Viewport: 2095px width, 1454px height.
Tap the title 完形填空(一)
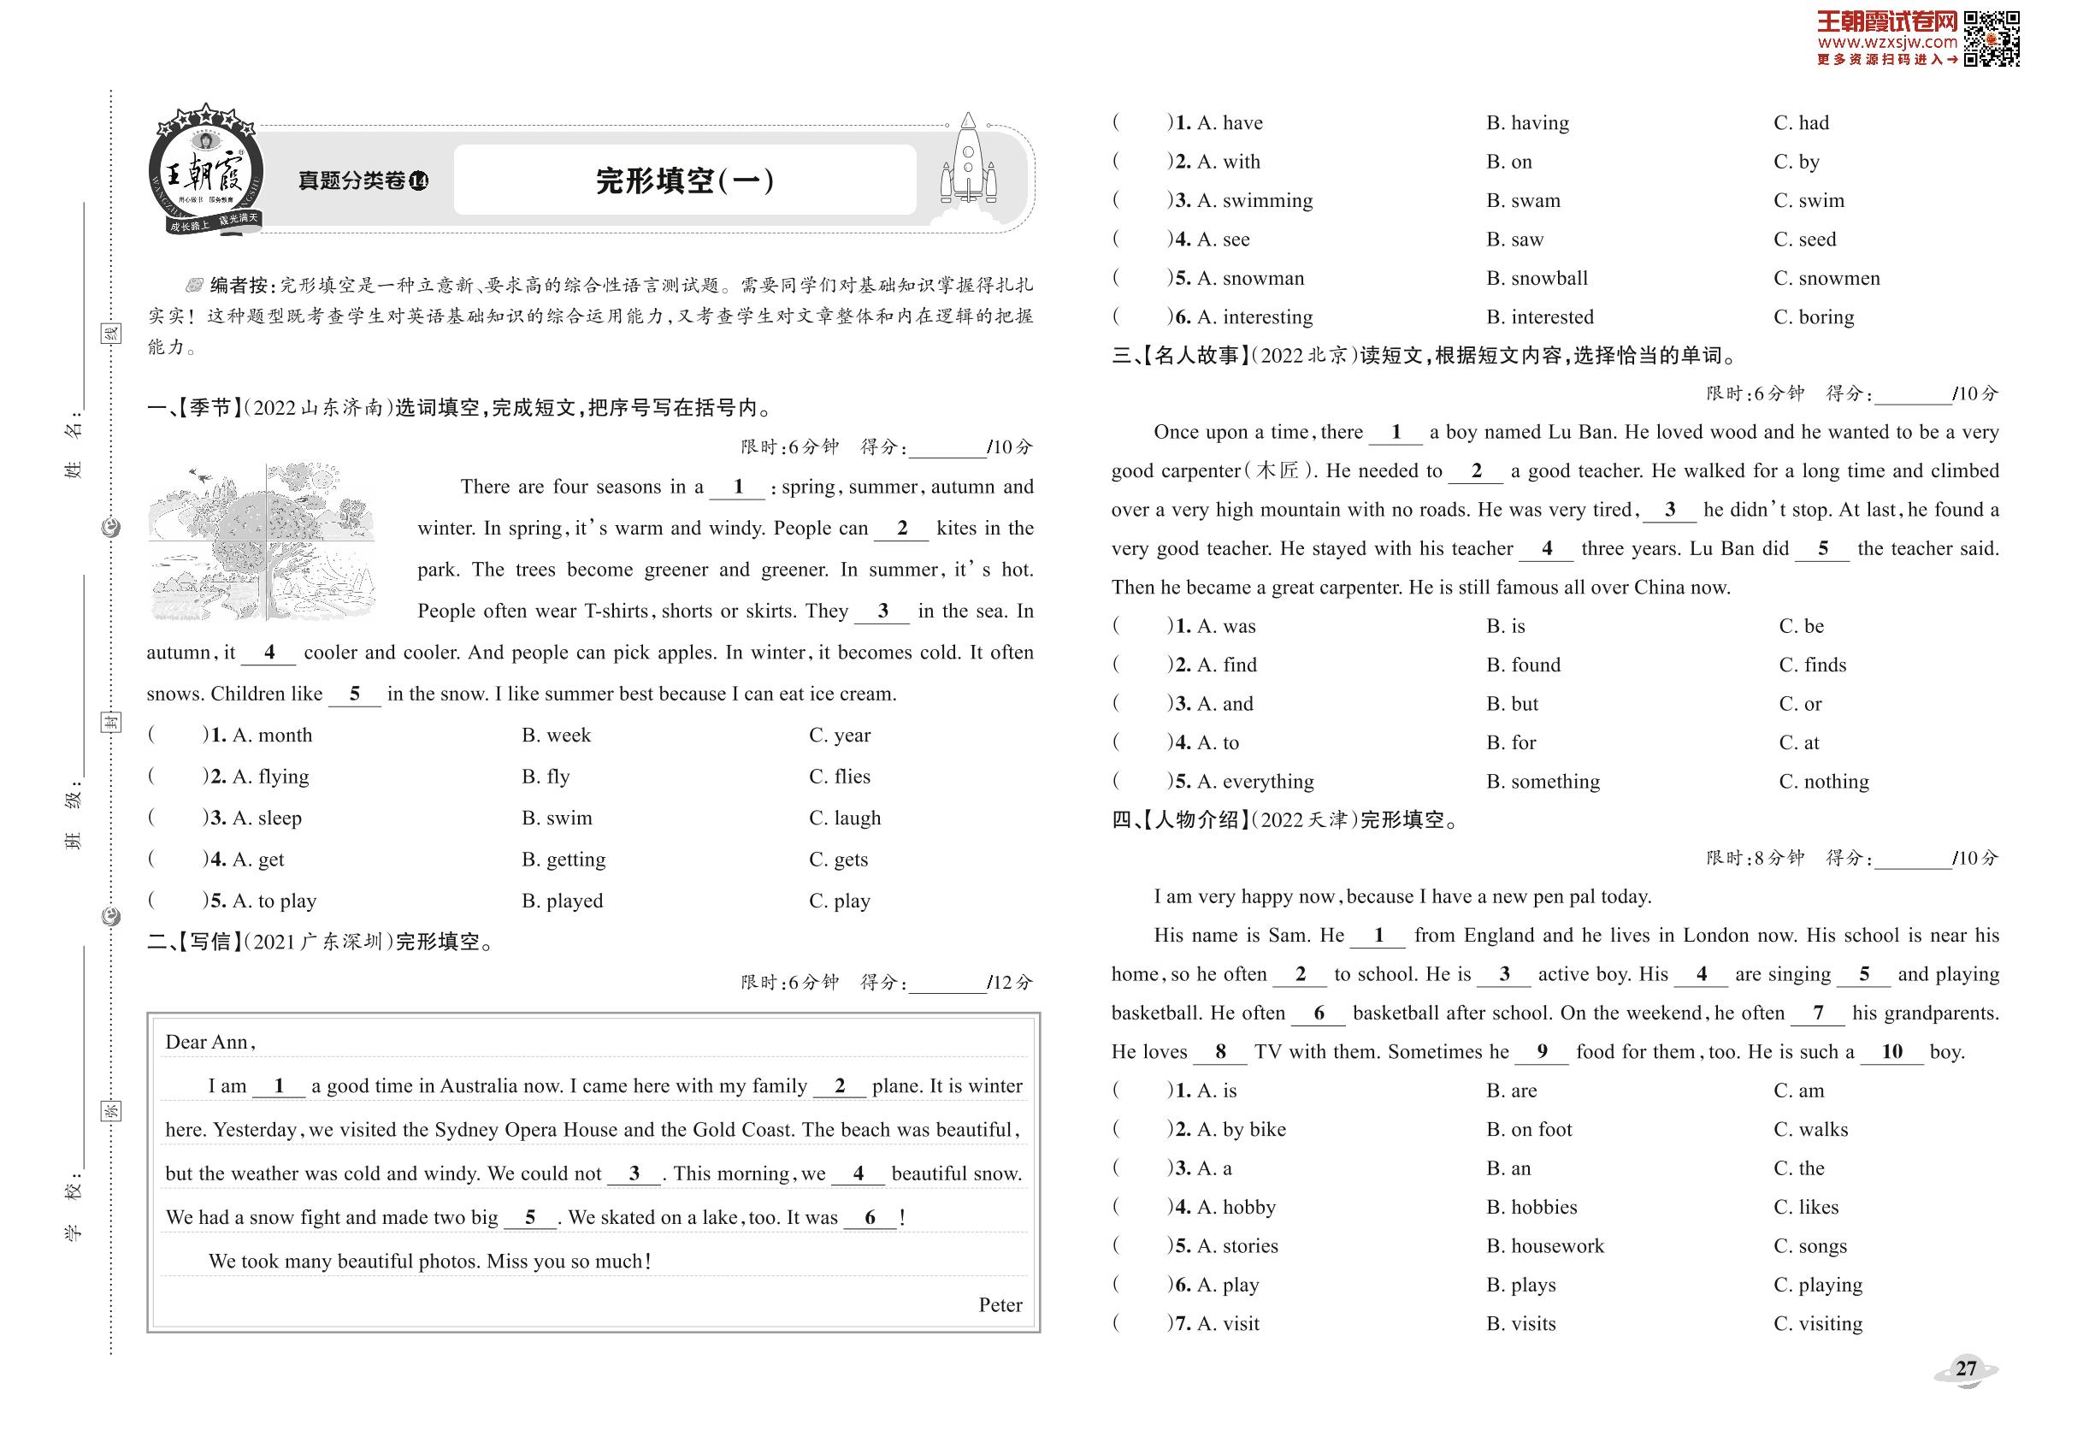684,180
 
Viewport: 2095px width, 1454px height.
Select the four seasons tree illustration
263,542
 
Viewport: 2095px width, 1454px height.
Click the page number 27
1966,1368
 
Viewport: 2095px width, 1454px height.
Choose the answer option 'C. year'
839,736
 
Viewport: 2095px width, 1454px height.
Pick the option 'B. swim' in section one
557,819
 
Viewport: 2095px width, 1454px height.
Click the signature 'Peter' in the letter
1000,1304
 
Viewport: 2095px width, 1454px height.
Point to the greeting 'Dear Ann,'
210,1043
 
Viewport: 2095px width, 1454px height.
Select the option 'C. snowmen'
1826,279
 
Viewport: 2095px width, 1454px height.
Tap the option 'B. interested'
1539,317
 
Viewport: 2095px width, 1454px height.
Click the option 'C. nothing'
1823,782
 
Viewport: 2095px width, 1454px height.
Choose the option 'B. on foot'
1528,1130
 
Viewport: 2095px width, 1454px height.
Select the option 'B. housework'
1545,1246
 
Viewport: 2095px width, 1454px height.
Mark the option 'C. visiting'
1817,1324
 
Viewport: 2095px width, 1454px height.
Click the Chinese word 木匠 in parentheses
1277,471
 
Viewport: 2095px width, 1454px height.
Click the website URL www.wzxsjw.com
1886,42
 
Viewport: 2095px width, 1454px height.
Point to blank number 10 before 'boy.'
1891,1052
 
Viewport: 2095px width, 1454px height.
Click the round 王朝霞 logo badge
207,173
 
